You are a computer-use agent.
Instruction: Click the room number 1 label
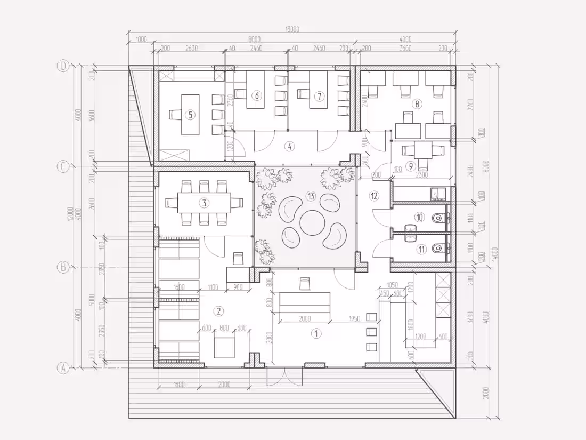pyautogui.click(x=316, y=334)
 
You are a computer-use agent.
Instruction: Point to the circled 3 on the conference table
pyautogui.click(x=204, y=202)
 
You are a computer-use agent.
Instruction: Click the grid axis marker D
pyautogui.click(x=63, y=66)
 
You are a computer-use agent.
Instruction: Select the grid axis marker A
pyautogui.click(x=63, y=367)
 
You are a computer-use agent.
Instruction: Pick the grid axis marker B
pyautogui.click(x=63, y=267)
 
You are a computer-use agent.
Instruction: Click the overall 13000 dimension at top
pyautogui.click(x=292, y=30)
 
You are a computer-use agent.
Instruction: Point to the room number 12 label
pyautogui.click(x=375, y=196)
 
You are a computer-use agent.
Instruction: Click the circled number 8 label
pyautogui.click(x=418, y=104)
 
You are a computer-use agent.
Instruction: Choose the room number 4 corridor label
pyautogui.click(x=289, y=145)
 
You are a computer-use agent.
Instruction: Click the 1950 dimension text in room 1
pyautogui.click(x=355, y=318)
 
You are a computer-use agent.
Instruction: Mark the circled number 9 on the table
pyautogui.click(x=410, y=166)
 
